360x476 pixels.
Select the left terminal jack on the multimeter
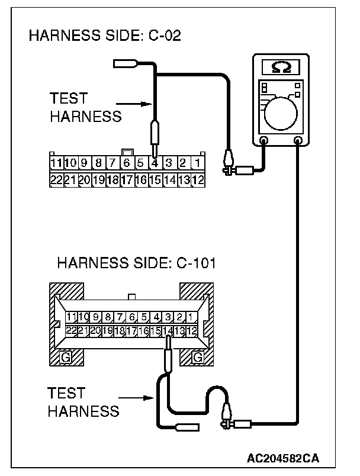coord(264,141)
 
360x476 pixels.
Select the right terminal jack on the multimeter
coord(298,141)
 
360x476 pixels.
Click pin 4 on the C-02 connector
coord(154,162)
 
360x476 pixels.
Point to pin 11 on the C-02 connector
coord(56,162)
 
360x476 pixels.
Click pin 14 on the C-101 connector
coord(168,331)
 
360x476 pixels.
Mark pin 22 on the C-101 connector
coord(72,331)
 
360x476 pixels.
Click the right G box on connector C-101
coord(197,358)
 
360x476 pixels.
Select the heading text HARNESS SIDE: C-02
coord(105,36)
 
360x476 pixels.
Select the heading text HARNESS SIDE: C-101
coord(137,262)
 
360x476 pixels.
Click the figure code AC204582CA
coord(283,458)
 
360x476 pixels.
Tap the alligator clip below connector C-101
coord(226,415)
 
